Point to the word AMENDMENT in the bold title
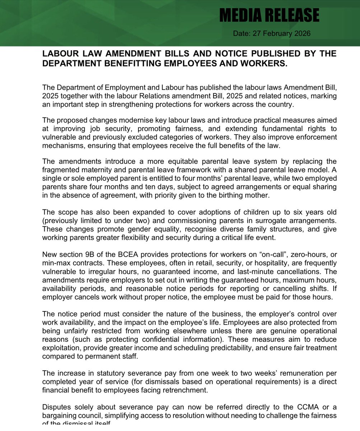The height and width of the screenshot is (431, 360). (x=136, y=54)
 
